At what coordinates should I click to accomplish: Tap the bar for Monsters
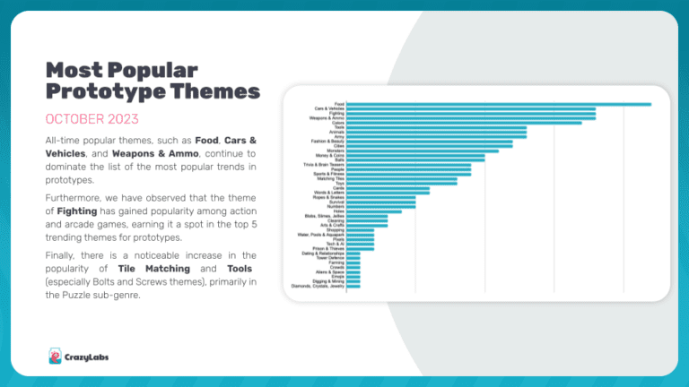[422, 150]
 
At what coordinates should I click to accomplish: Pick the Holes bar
[373, 211]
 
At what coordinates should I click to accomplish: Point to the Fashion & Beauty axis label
[327, 142]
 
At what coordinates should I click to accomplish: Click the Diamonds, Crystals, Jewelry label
[318, 287]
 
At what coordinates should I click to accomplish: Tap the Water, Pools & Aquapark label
[321, 235]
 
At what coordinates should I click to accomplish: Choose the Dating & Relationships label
[322, 254]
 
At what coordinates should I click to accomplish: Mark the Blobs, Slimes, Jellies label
[324, 216]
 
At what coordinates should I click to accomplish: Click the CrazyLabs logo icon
[55, 355]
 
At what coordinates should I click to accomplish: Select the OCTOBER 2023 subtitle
[92, 119]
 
